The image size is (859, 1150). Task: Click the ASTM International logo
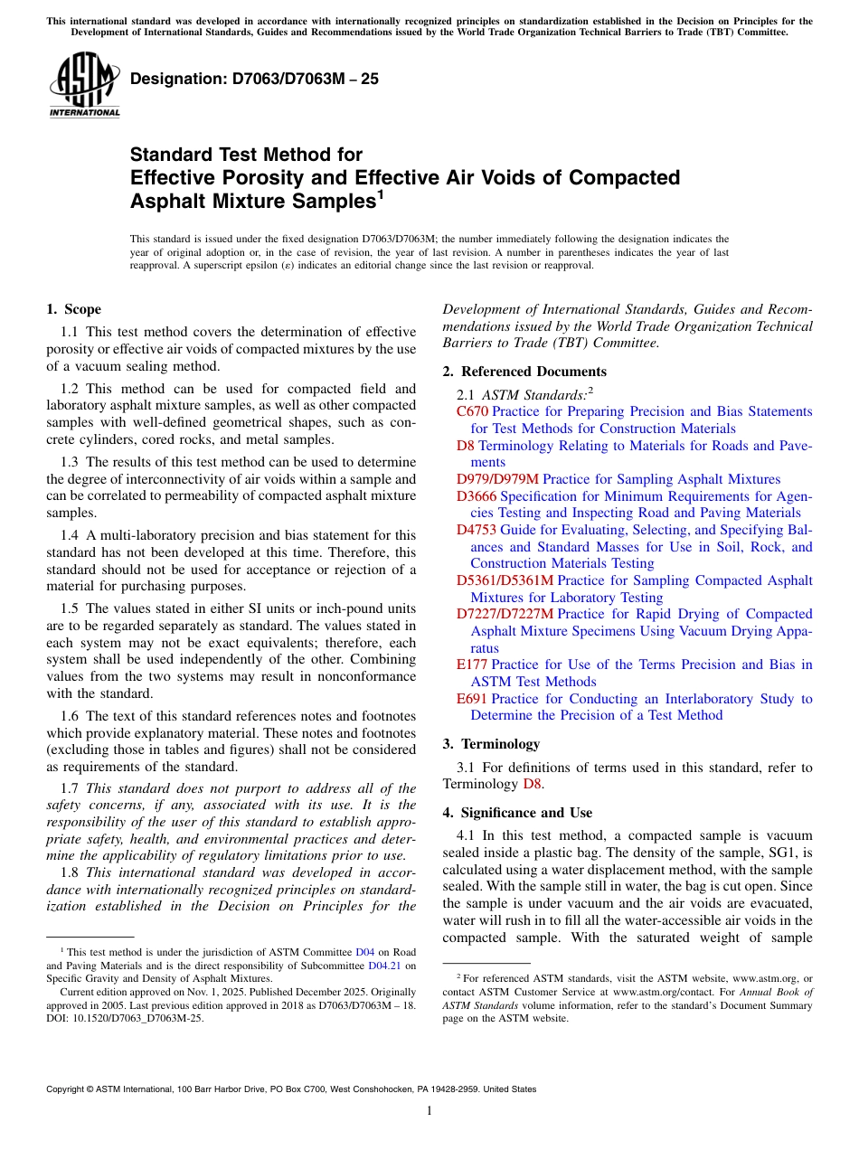84,85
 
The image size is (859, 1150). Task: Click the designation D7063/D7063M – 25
254,80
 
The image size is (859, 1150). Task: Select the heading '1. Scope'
73,309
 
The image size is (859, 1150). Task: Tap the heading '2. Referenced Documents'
524,372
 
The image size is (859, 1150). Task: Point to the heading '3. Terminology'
491,744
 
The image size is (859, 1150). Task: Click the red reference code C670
472,411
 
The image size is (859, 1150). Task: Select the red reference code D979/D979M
497,479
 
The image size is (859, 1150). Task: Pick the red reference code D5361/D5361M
505,580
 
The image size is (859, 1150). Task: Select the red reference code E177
472,665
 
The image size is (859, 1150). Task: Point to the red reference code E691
472,699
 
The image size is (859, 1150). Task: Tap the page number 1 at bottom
429,1110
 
